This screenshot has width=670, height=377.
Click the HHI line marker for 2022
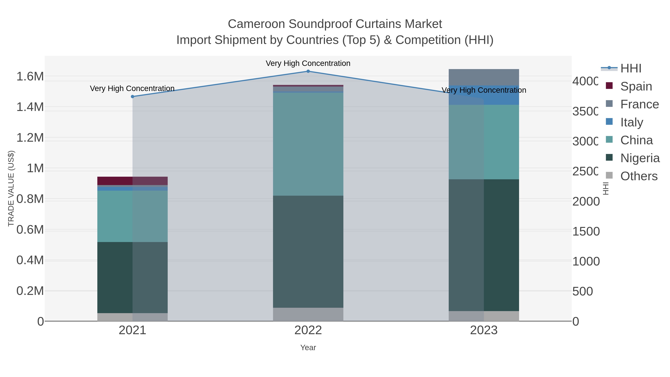click(308, 71)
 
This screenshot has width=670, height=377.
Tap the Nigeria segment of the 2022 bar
click(308, 252)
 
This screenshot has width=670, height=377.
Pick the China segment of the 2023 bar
click(484, 142)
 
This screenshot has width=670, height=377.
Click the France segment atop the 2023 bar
click(484, 77)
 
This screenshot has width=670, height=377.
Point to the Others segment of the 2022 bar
click(308, 314)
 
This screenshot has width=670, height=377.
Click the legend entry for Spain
click(636, 86)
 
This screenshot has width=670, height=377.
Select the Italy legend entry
click(631, 122)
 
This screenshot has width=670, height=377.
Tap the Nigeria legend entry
click(640, 158)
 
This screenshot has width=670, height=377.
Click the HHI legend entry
click(631, 69)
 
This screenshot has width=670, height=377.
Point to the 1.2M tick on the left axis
click(30, 138)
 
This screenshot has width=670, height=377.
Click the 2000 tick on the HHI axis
click(586, 201)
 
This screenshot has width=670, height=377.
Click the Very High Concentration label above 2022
click(308, 63)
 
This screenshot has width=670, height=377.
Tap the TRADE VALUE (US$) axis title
click(11, 188)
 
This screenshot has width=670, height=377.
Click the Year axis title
click(308, 348)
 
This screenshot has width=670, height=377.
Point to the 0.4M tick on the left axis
click(30, 260)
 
